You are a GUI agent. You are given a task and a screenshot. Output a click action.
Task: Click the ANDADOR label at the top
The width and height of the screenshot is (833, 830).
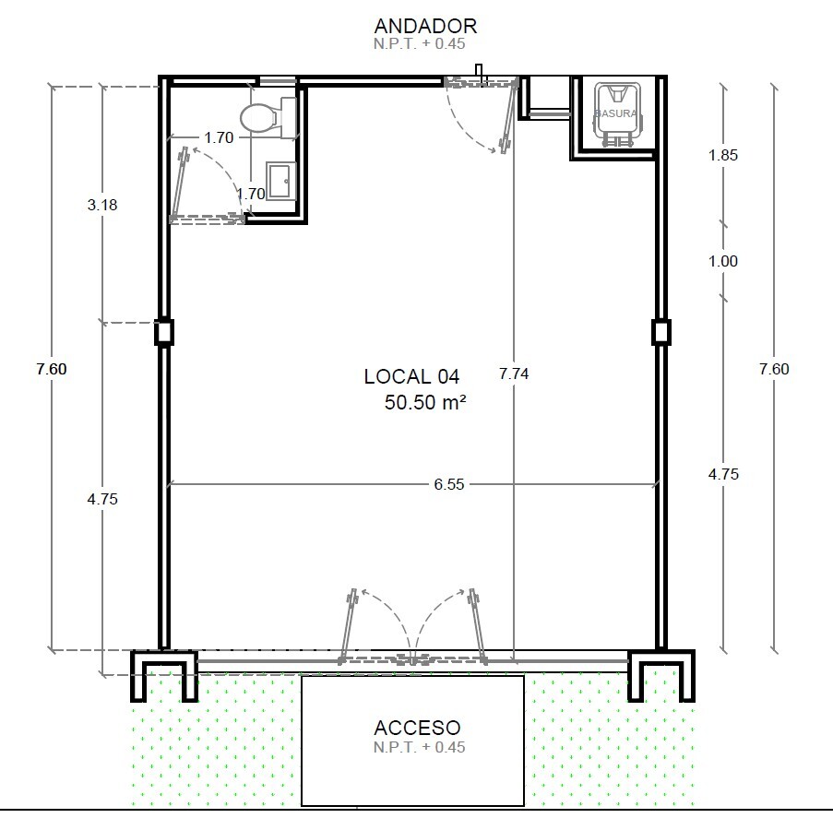425,26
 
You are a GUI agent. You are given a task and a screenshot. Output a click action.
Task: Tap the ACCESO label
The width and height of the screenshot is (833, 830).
417,728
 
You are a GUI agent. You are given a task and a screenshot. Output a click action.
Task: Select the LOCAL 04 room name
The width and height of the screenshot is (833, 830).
411,376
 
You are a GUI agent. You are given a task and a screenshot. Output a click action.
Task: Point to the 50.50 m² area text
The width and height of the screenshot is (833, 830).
425,402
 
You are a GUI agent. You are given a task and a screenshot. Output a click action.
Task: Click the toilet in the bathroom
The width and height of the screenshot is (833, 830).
268,118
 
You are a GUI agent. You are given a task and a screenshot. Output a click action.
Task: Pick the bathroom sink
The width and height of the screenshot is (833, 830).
280,181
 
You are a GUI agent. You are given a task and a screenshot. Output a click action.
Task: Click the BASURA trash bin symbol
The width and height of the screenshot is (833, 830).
617,113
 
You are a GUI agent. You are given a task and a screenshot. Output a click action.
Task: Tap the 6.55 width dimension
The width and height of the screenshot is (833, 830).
449,484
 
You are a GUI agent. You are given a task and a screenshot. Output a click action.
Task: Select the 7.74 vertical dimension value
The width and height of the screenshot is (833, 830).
514,373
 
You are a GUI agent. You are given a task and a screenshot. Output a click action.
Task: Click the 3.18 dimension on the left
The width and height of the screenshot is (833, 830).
102,205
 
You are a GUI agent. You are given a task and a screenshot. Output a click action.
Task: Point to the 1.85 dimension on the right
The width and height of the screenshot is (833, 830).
723,155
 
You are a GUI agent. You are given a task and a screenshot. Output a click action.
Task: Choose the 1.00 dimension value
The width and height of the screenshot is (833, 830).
723,261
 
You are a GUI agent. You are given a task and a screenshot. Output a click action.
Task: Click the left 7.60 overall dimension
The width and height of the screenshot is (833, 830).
52,369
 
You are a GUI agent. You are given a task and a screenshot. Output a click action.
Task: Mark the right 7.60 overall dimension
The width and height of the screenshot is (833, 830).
774,369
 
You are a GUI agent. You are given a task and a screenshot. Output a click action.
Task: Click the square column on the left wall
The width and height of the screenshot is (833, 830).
164,333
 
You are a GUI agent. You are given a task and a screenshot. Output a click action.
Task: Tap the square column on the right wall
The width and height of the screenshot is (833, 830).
660,333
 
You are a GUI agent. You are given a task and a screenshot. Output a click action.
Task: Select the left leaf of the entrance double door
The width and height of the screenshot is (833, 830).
348,625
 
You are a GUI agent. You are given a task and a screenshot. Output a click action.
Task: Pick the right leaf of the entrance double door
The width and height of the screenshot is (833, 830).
477,625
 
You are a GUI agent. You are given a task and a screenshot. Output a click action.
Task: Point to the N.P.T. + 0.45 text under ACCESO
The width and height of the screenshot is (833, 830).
419,747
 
